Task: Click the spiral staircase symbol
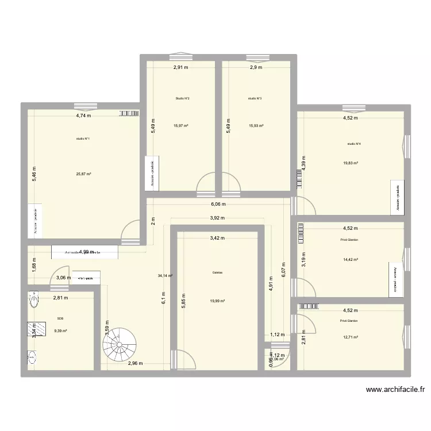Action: point(119,344)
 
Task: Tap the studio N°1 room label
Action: point(83,138)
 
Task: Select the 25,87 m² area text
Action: point(84,174)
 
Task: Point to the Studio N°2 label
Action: point(182,99)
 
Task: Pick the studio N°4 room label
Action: point(353,144)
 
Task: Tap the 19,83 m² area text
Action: point(351,163)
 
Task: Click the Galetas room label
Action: point(217,273)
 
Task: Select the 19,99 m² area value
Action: point(217,301)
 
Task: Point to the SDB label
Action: point(60,318)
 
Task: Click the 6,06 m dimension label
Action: point(218,204)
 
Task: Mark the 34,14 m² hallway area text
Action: point(166,276)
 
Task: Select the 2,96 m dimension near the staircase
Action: point(135,363)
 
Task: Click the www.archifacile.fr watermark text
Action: point(396,390)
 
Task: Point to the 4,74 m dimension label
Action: point(84,116)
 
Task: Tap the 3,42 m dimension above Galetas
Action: point(218,237)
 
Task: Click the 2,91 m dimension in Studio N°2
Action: point(182,67)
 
